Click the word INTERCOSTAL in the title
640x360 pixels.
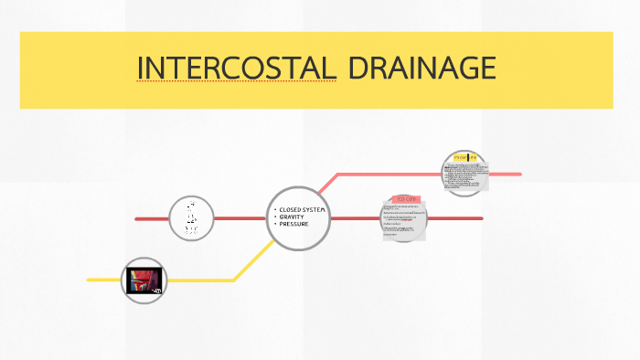tap(236, 69)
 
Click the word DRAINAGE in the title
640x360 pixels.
tap(421, 69)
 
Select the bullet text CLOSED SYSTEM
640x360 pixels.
tap(302, 210)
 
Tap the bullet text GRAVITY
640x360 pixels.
tap(292, 217)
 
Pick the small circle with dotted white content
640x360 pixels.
tap(191, 218)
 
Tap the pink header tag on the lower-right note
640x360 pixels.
tap(406, 198)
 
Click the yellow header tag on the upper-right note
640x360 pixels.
tap(464, 157)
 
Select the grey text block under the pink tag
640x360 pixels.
tap(405, 222)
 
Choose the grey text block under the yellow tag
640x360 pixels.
tap(465, 176)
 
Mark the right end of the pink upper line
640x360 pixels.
tap(519, 174)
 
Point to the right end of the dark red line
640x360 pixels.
tap(481, 219)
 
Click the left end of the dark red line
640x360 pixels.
tap(136, 219)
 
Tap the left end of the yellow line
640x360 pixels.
tap(89, 280)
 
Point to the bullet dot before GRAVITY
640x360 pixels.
tap(275, 217)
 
